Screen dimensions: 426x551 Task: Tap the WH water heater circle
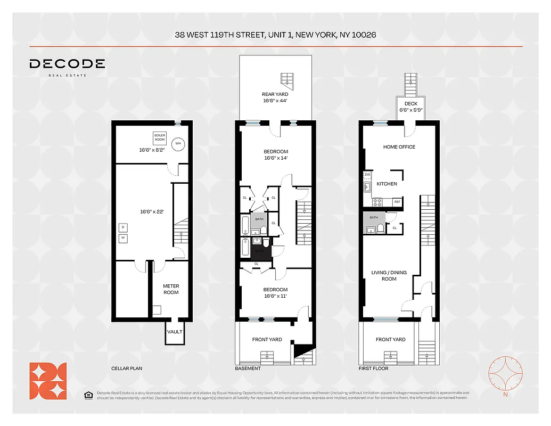[x=177, y=142]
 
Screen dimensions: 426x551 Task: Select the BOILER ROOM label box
[x=159, y=137]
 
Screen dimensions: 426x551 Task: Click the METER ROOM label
[x=171, y=289]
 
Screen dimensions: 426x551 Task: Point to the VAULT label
[x=175, y=332]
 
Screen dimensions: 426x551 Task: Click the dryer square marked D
[x=123, y=227]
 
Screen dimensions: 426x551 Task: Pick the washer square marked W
[x=123, y=238]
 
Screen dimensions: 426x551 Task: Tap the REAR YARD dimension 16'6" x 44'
[x=275, y=101]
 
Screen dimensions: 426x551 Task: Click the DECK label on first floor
[x=410, y=104]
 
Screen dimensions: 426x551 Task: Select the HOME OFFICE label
[x=399, y=147]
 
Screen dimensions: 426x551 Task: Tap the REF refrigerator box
[x=397, y=202]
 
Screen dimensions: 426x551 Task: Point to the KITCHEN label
[x=387, y=184]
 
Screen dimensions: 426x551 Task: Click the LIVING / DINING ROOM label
[x=389, y=276]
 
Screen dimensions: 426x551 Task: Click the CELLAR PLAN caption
[x=127, y=368]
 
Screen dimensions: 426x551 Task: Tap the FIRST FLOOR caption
[x=374, y=368]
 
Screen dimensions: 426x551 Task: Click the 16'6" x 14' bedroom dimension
[x=276, y=158]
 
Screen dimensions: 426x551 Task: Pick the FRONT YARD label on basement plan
[x=267, y=339]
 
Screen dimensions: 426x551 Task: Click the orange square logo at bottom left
[x=48, y=381]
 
